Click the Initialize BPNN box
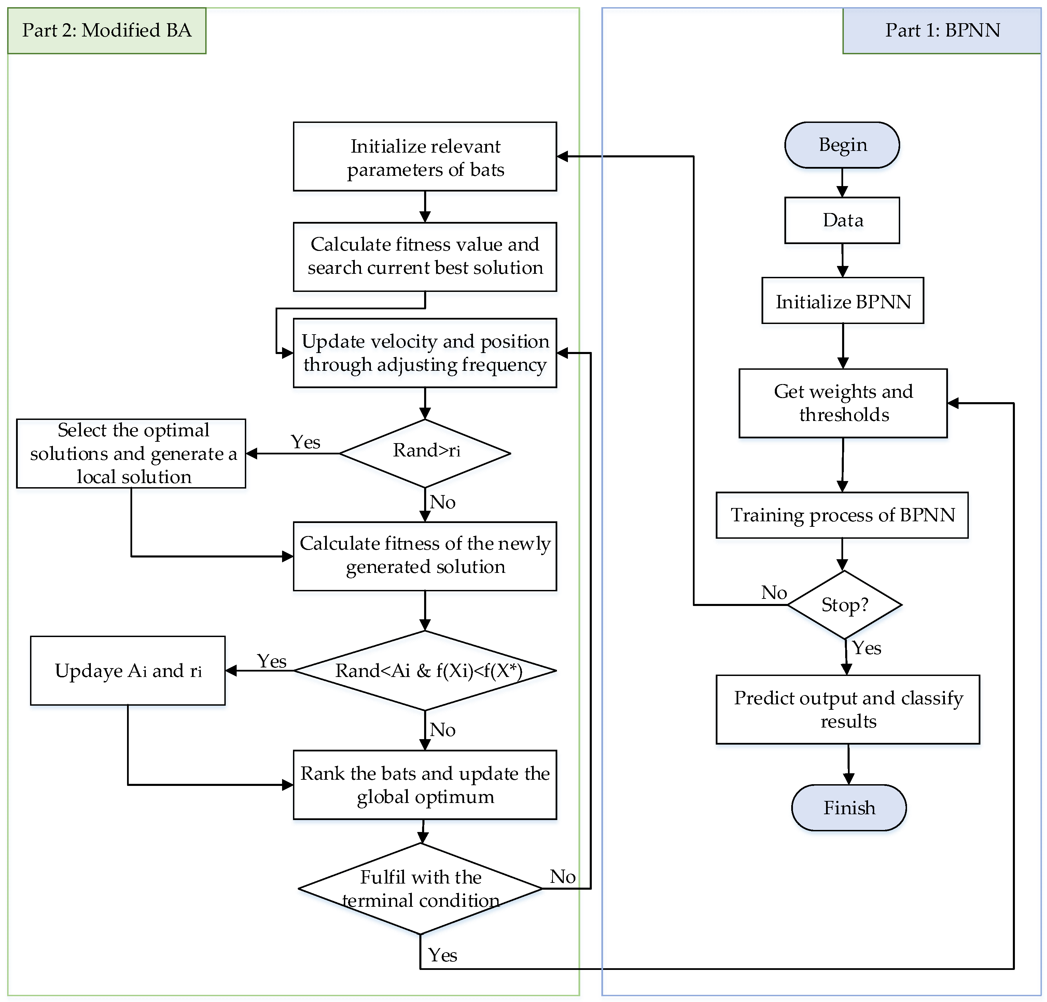pos(842,301)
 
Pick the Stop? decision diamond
pos(844,605)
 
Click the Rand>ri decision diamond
pos(425,453)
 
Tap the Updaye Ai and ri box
pos(128,671)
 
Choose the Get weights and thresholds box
pos(842,403)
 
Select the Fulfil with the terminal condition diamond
pos(420,889)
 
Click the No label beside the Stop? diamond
pos(773,592)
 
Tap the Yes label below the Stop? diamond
pos(866,648)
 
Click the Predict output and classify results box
pos(848,709)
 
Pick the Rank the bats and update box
pos(425,785)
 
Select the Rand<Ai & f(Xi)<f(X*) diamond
pos(425,671)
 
